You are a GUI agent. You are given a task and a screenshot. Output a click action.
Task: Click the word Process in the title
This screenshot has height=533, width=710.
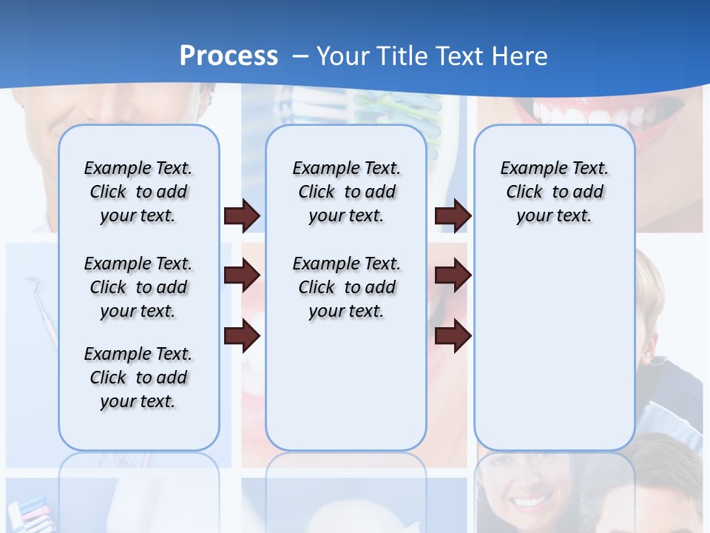tap(229, 56)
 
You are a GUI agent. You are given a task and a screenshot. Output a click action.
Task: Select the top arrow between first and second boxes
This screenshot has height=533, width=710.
tap(242, 216)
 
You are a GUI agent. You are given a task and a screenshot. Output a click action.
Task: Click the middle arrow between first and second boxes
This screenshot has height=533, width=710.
tap(242, 276)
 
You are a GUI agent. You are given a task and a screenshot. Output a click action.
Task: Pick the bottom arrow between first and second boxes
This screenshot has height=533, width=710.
tap(242, 336)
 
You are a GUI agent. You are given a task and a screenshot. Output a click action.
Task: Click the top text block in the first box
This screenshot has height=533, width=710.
tap(138, 192)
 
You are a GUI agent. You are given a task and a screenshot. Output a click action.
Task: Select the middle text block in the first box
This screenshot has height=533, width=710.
tap(138, 287)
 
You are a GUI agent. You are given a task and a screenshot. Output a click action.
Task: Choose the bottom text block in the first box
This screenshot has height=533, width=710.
tap(138, 378)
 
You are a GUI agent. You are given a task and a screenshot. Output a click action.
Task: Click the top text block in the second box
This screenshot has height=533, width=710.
tap(346, 192)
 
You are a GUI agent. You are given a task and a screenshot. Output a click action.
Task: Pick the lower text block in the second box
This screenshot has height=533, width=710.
tap(346, 287)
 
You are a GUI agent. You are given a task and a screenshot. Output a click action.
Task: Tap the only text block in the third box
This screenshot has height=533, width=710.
tap(554, 192)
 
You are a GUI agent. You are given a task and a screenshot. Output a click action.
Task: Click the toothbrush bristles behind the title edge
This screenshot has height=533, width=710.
tap(385, 107)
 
